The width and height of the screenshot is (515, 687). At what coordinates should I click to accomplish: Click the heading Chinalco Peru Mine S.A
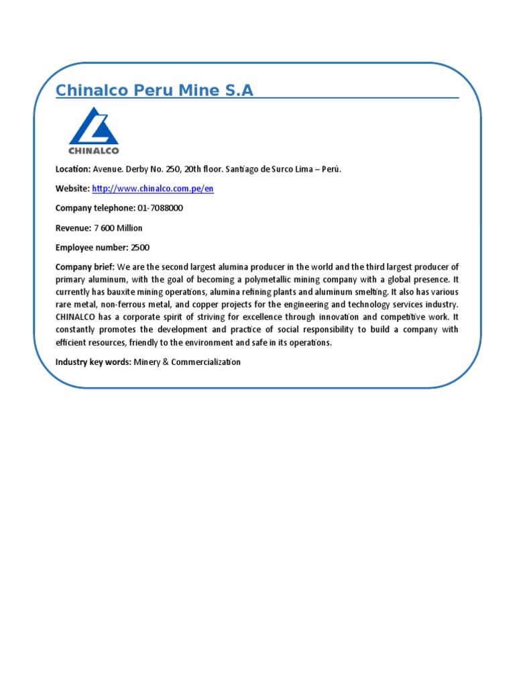pyautogui.click(x=154, y=90)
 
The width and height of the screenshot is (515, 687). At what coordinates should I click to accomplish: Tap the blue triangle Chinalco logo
pyautogui.click(x=95, y=127)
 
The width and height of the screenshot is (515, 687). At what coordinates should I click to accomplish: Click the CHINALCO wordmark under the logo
pyautogui.click(x=94, y=150)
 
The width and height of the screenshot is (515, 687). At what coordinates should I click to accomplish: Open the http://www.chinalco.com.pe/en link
pyautogui.click(x=152, y=189)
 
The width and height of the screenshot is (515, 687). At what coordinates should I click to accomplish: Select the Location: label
pyautogui.click(x=72, y=169)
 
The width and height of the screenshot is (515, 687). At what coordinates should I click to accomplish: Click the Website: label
pyautogui.click(x=72, y=189)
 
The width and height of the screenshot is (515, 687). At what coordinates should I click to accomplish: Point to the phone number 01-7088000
pyautogui.click(x=160, y=208)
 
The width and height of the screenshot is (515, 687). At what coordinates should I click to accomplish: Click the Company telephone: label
pyautogui.click(x=95, y=208)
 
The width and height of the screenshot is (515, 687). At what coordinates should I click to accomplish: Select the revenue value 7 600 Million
pyautogui.click(x=118, y=228)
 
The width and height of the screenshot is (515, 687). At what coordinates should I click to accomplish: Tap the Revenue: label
pyautogui.click(x=72, y=228)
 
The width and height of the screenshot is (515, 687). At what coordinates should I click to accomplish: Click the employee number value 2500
pyautogui.click(x=140, y=248)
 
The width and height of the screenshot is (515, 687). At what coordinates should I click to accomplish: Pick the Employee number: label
pyautogui.click(x=91, y=248)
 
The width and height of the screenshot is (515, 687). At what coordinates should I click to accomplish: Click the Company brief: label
pyautogui.click(x=85, y=267)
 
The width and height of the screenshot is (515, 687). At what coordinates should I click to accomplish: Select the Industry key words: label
pyautogui.click(x=93, y=362)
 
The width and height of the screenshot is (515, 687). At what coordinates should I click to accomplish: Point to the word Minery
pyautogui.click(x=148, y=362)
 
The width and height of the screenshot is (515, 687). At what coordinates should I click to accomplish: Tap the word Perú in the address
pyautogui.click(x=332, y=169)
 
